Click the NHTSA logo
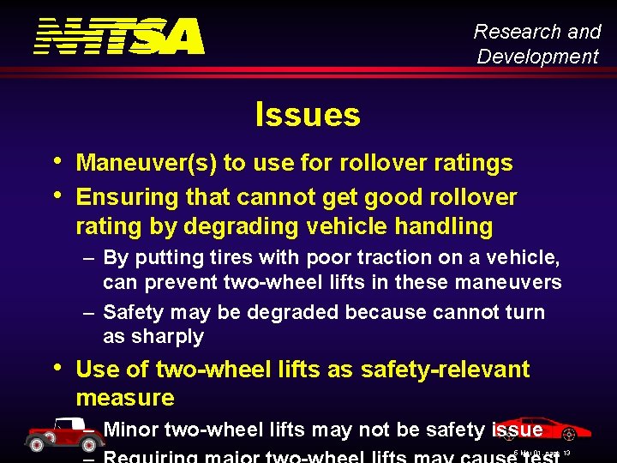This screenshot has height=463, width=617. pyautogui.click(x=119, y=36)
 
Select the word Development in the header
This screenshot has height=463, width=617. pyautogui.click(x=537, y=57)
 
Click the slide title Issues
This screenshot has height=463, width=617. pyautogui.click(x=308, y=114)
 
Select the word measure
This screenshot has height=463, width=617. pyautogui.click(x=125, y=398)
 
